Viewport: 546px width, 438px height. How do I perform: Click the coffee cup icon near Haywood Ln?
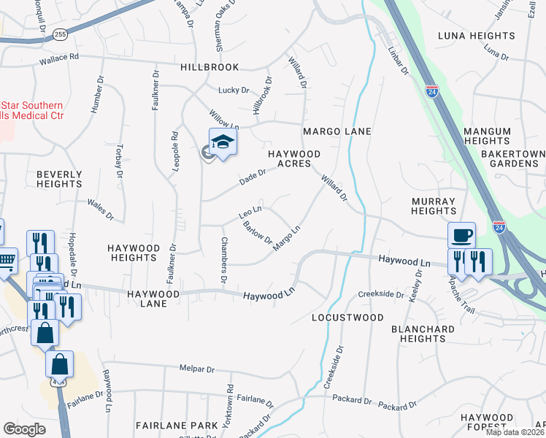461,236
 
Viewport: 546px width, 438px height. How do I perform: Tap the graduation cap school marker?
223,142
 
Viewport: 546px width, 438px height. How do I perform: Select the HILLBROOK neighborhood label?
209,67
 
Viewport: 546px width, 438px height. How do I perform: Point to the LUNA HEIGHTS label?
477,36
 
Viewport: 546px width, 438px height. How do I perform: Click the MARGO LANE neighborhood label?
337,131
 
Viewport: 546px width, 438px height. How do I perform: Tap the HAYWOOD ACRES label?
294,158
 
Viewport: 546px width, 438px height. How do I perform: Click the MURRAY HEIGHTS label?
434,206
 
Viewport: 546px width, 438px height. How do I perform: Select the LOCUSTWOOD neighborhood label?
347,318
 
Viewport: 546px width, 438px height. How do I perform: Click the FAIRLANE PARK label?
177,425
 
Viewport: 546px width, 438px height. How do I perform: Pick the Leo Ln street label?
250,212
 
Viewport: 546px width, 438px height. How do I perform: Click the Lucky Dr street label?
234,91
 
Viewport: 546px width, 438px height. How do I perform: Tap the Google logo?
25,429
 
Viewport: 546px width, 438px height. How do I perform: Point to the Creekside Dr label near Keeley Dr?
381,294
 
